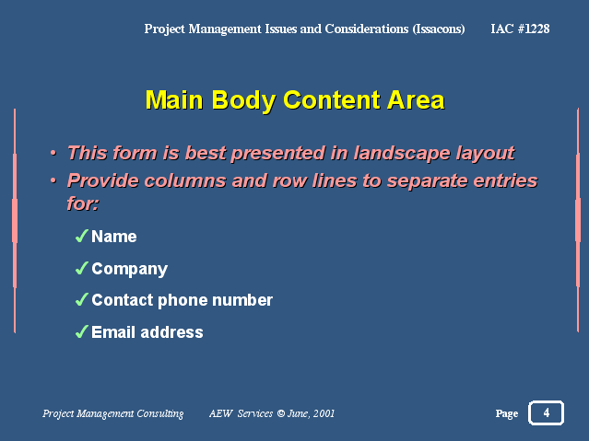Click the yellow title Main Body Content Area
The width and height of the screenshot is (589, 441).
[295, 100]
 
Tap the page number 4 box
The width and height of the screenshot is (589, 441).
[546, 412]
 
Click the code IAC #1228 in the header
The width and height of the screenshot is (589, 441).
[520, 29]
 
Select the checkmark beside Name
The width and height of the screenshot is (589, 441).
[82, 236]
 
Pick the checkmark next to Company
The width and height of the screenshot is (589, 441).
[82, 268]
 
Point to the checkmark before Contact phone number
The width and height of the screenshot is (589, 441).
[82, 299]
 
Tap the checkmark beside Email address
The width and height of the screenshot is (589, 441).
[82, 331]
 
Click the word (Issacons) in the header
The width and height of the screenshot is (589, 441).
[439, 29]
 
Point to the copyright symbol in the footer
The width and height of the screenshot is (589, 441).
[281, 413]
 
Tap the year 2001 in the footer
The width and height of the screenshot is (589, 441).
[324, 413]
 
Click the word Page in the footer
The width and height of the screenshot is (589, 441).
[507, 413]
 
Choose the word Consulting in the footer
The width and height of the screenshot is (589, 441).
[160, 413]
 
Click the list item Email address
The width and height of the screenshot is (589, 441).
[147, 332]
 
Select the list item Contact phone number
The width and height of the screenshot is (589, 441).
[183, 300]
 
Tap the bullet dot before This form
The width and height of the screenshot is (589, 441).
[53, 153]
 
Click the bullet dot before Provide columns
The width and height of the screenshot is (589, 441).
[53, 180]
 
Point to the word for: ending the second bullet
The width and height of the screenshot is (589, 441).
[83, 203]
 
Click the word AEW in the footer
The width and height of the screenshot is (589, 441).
[221, 413]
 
